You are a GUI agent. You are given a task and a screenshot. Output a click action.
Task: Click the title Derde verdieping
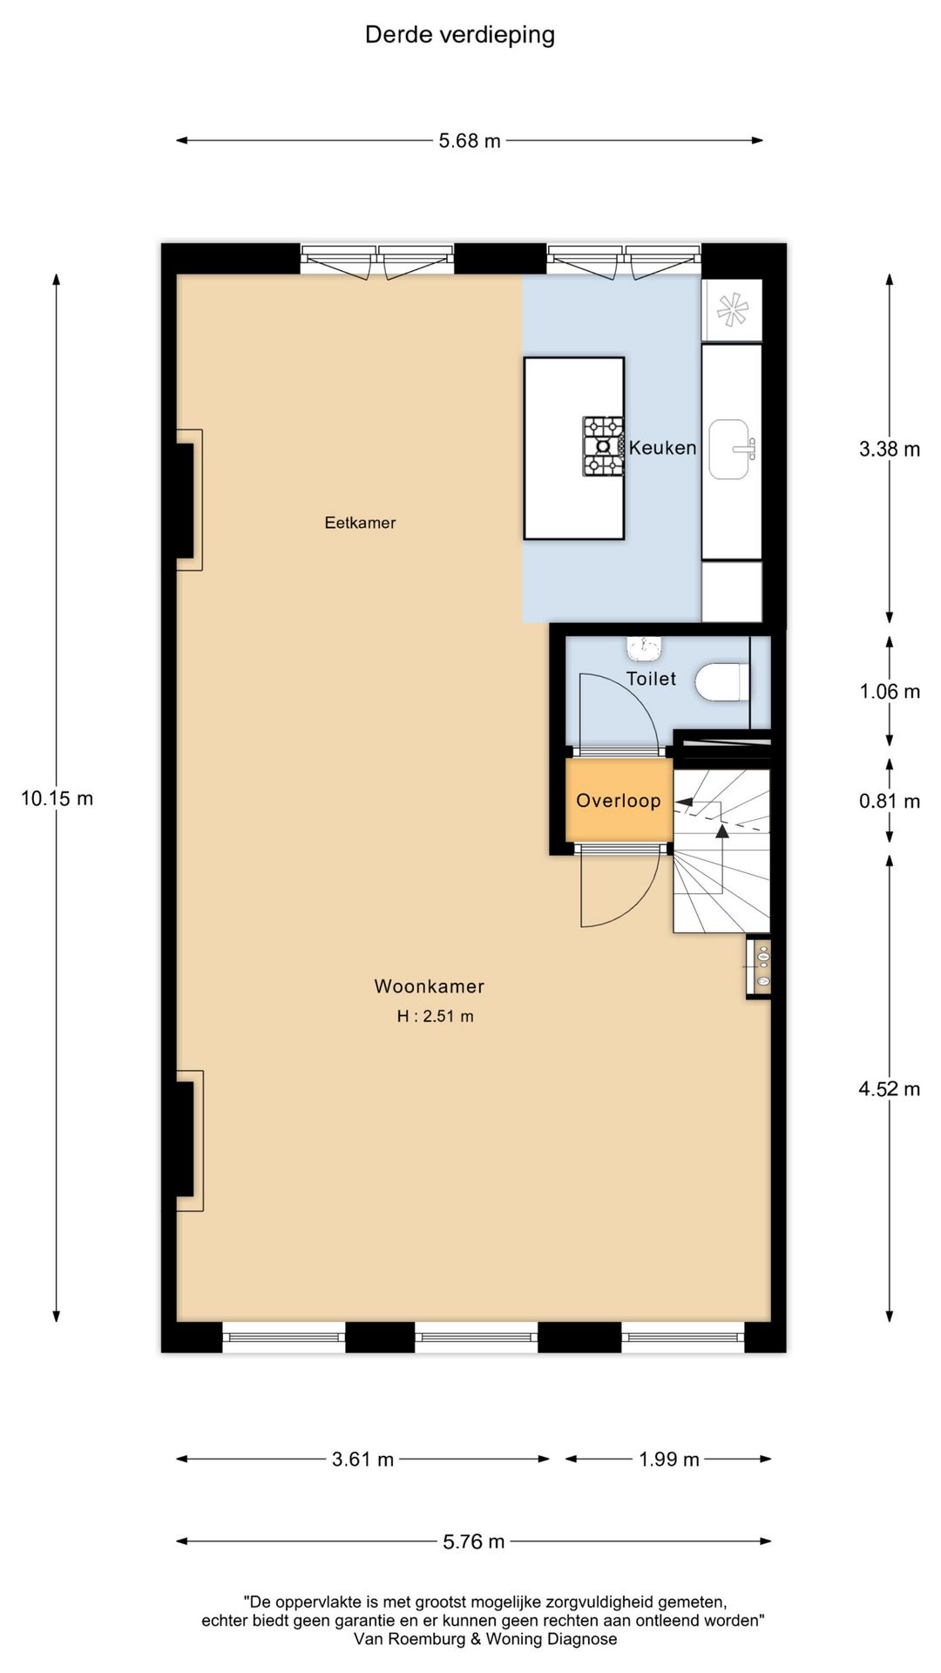coord(459,35)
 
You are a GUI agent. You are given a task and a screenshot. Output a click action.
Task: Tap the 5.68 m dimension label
coord(470,141)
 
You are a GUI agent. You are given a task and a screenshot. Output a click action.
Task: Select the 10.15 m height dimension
coord(57,798)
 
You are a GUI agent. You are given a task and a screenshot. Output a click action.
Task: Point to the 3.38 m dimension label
coord(889,450)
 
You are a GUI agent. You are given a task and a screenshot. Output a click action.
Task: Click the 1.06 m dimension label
coord(889,692)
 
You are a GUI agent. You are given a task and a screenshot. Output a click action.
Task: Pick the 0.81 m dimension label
coord(889,802)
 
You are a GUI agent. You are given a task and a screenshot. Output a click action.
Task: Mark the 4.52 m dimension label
coord(889,1089)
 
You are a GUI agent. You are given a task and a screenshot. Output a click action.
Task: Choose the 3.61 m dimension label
coord(362,1460)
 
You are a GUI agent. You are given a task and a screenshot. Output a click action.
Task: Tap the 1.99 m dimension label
coord(668,1460)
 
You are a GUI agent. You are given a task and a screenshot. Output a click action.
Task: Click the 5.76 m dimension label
coord(473,1541)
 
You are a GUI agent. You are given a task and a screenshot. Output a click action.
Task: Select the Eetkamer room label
coord(360,523)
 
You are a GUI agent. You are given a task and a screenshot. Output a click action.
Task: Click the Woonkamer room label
coord(429,986)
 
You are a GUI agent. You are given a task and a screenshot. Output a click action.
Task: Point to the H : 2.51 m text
coord(435,1016)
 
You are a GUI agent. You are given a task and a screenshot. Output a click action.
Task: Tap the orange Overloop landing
coord(618,801)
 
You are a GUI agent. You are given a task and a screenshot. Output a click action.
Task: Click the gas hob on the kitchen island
coord(603,446)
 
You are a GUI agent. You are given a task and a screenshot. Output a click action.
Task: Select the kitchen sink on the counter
coord(730,450)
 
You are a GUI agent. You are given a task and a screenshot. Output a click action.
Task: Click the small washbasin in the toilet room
coord(645,647)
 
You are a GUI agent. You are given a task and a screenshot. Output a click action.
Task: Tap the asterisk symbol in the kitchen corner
coord(732,310)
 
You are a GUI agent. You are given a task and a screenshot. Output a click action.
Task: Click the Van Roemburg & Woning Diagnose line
coord(484,1639)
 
